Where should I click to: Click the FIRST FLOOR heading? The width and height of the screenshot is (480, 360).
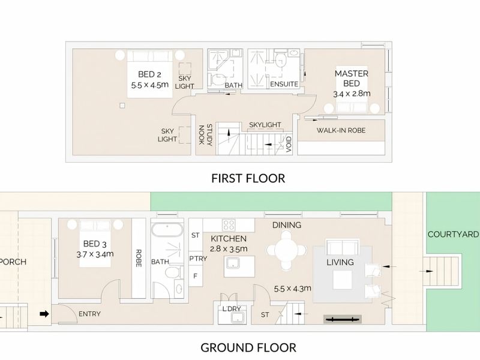(x=248, y=178)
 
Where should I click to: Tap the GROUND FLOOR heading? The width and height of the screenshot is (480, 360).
(x=248, y=348)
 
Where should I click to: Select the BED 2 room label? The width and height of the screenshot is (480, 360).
(x=149, y=74)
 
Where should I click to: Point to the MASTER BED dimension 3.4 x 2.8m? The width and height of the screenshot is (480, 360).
(x=352, y=94)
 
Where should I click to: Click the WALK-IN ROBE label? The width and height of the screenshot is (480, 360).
(x=341, y=130)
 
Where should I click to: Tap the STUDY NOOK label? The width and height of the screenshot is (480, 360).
(x=205, y=135)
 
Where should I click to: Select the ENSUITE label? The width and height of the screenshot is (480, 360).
(x=284, y=84)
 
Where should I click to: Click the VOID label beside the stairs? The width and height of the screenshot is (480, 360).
(x=289, y=144)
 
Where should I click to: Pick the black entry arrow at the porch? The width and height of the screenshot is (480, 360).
(x=44, y=314)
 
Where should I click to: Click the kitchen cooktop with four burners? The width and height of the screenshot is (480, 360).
(x=229, y=225)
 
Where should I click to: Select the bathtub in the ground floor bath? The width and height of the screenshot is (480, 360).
(x=167, y=230)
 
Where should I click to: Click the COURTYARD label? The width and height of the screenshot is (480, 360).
(x=453, y=235)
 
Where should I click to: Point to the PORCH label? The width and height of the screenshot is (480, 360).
(x=13, y=262)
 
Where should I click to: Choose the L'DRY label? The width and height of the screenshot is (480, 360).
(x=232, y=309)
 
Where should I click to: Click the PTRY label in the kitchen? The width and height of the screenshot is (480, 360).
(x=198, y=259)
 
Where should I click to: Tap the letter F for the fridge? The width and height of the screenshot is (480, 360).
(x=196, y=276)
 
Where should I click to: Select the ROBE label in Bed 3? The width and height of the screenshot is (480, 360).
(x=139, y=258)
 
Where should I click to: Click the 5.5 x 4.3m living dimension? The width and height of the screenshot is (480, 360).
(x=293, y=289)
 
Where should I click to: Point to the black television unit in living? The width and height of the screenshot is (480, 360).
(x=343, y=320)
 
